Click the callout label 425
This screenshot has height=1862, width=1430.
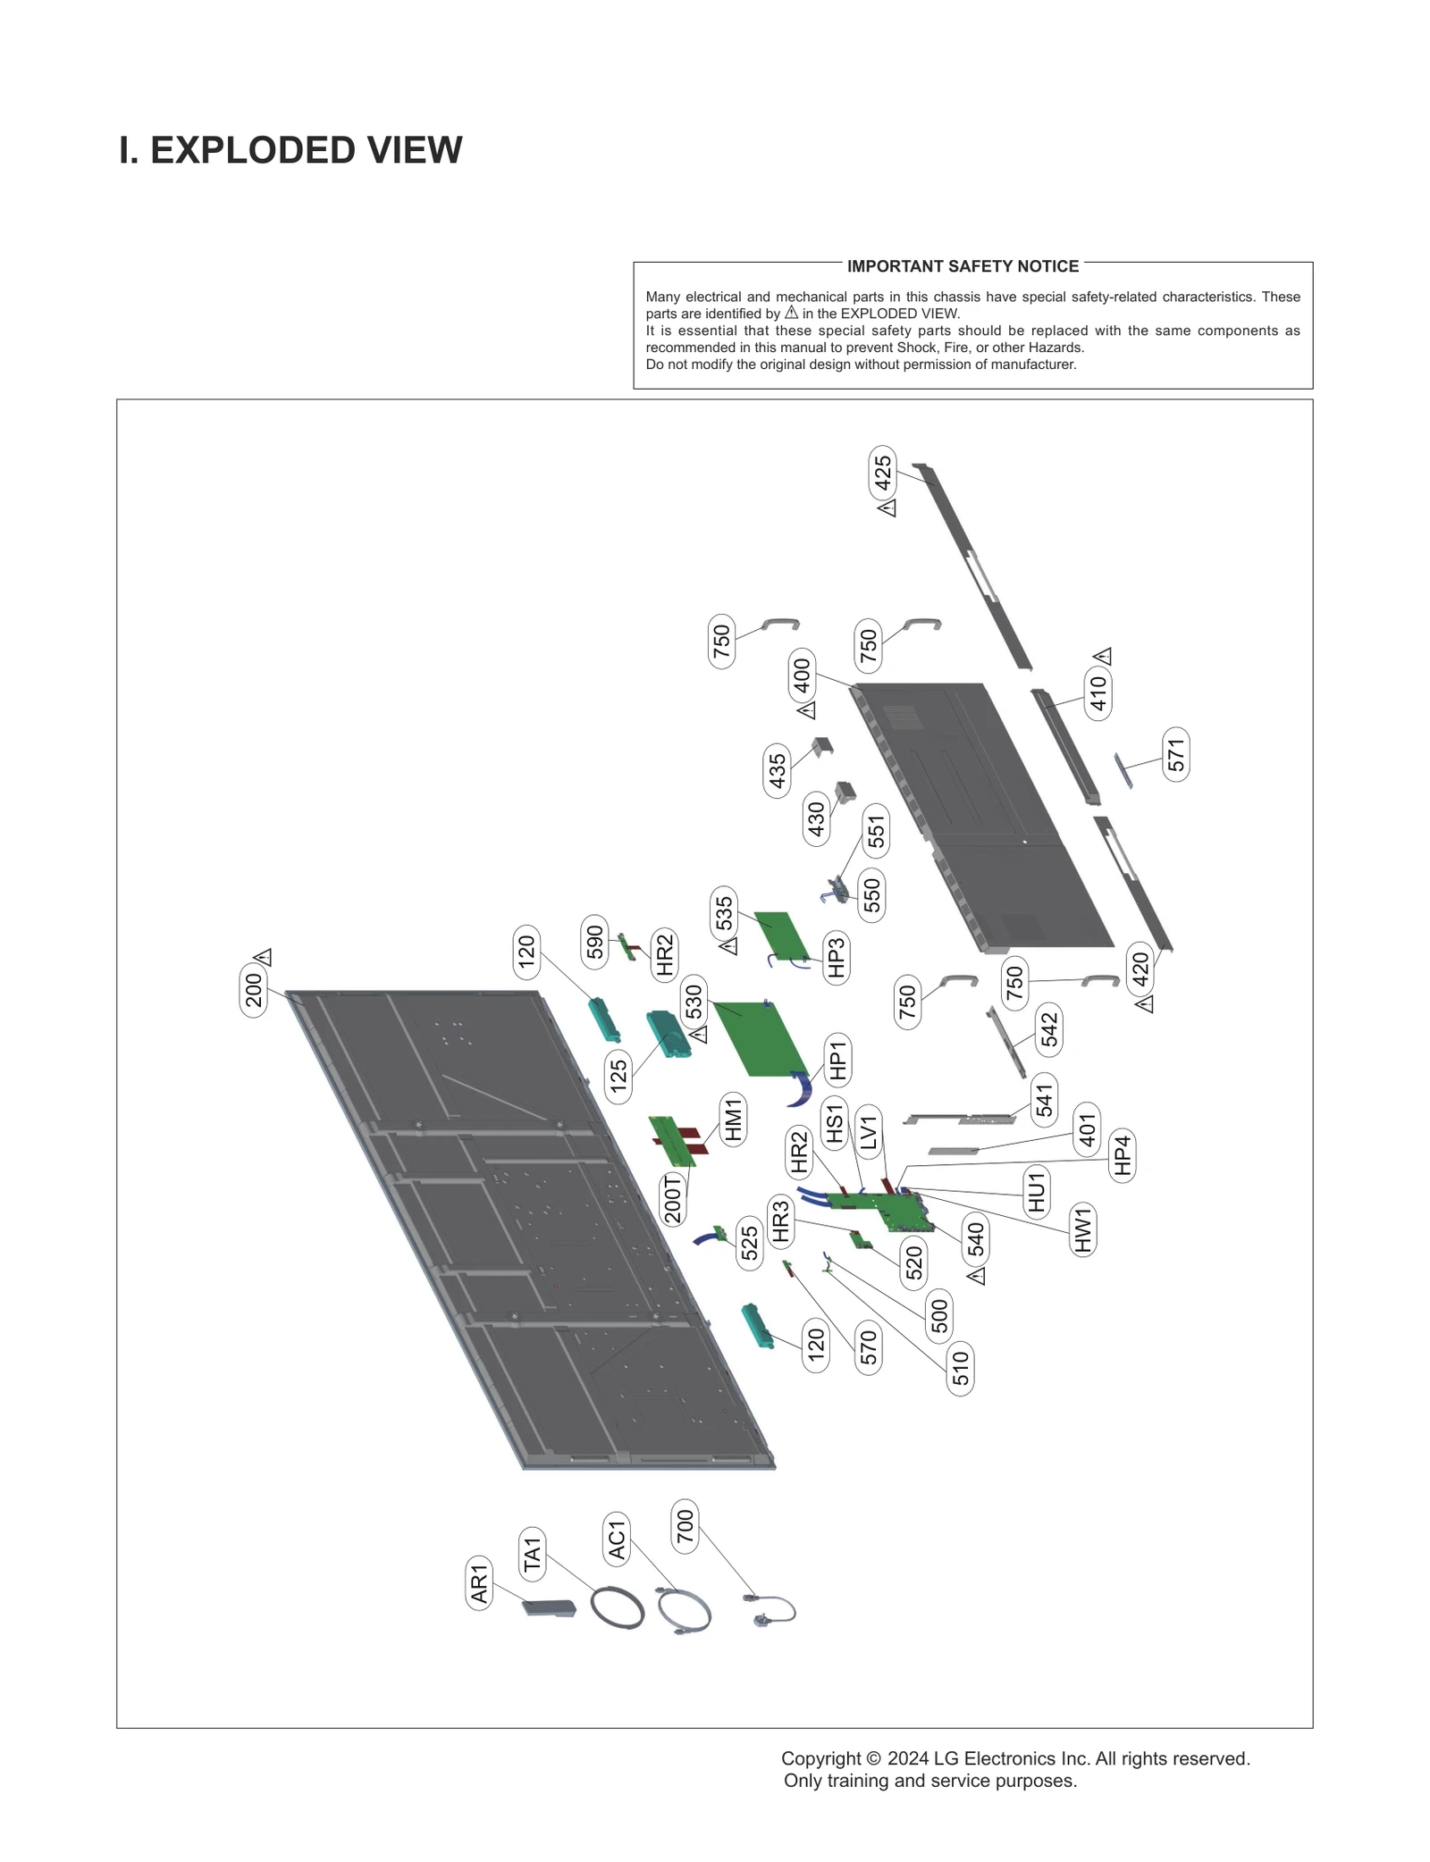pyautogui.click(x=882, y=473)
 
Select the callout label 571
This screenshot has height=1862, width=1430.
pyautogui.click(x=1176, y=754)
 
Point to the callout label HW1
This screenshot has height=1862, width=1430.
pyautogui.click(x=1082, y=1229)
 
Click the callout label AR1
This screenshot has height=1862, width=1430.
pyautogui.click(x=479, y=1583)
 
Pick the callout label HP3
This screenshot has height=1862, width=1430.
pyautogui.click(x=836, y=959)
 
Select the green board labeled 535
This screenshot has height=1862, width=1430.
pyautogui.click(x=780, y=935)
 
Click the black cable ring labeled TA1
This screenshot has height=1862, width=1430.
pyautogui.click(x=617, y=1607)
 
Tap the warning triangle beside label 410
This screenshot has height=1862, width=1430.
pyautogui.click(x=1103, y=656)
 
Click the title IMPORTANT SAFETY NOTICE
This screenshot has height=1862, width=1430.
pyautogui.click(x=963, y=266)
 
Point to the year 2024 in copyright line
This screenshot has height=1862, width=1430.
pyautogui.click(x=907, y=1758)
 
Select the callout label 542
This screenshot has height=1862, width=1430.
pyautogui.click(x=1048, y=1029)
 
